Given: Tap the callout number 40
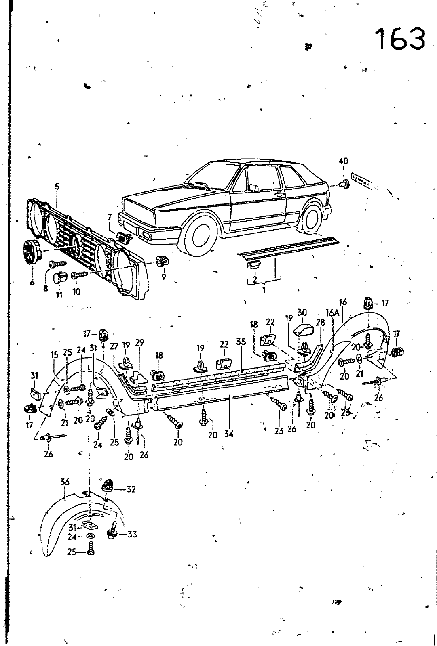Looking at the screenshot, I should coord(343,161).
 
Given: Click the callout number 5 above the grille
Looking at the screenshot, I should coord(57,186).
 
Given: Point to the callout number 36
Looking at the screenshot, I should coord(65,482).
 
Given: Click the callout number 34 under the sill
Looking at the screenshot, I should coord(229,434).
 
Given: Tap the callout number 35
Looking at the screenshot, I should coord(241,342).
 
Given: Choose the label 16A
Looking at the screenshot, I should coord(333,313).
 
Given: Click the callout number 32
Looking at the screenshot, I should coord(131,489).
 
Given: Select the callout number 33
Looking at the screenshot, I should coord(132,534).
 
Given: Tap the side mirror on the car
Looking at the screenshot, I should coord(253,188).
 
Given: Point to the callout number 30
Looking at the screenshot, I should coord(302,312).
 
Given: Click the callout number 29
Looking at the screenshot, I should coord(139,342).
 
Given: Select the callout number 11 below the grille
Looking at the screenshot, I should coord(59,295).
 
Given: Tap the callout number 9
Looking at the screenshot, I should coord(164,278).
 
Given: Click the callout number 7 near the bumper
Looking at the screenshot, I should coord(109,218).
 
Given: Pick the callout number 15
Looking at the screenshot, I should coord(55,355).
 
